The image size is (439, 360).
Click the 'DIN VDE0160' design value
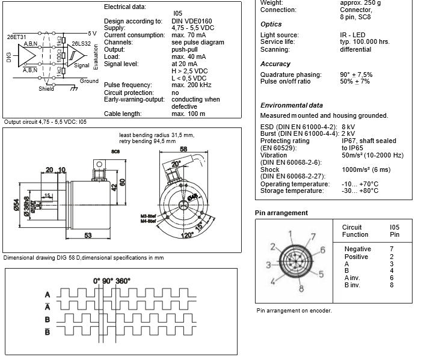pos(193,21)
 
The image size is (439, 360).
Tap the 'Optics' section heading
pos(271,24)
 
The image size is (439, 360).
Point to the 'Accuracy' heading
pos(275,64)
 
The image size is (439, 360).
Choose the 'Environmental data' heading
pos(291,105)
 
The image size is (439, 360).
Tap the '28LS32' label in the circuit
pos(81,44)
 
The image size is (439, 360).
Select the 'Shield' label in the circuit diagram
pos(46,89)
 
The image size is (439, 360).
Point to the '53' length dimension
pos(88,236)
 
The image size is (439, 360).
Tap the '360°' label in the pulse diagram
pos(122,281)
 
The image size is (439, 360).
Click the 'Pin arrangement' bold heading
pos(281,213)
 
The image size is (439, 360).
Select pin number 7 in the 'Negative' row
pos(391,249)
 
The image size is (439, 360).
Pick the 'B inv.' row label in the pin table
pos(352,285)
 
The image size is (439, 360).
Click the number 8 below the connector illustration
pos(300,290)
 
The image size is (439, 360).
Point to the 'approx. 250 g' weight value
pos(360,3)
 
